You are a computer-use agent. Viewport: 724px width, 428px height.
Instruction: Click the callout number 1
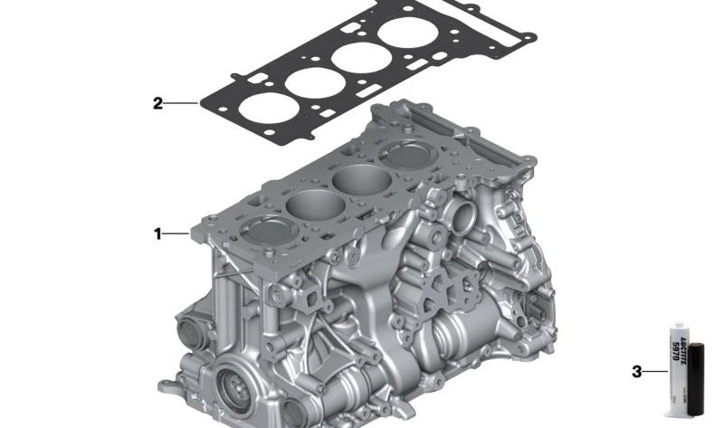(x=157, y=234)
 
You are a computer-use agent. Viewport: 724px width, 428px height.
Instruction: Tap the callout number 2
(x=157, y=103)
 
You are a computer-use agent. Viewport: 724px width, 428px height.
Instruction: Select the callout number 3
(x=636, y=371)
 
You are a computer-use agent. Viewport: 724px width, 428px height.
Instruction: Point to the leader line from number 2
(x=181, y=103)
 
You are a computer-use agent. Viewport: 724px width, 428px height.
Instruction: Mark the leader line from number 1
(x=177, y=234)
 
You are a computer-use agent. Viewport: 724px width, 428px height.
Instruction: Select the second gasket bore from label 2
(x=311, y=81)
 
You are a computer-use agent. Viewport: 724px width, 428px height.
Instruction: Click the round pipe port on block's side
(x=464, y=218)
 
